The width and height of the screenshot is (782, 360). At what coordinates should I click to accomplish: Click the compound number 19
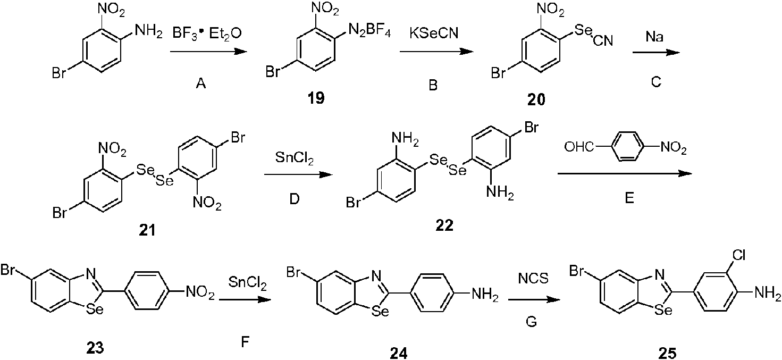pyautogui.click(x=316, y=98)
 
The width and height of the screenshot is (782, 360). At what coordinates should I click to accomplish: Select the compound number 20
pyautogui.click(x=536, y=100)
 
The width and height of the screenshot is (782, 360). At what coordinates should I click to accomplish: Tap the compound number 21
pyautogui.click(x=147, y=230)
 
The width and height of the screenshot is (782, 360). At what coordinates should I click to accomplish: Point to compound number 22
pyautogui.click(x=444, y=225)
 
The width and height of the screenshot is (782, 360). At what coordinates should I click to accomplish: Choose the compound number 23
pyautogui.click(x=95, y=348)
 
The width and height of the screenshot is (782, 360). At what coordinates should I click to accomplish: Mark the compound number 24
pyautogui.click(x=398, y=354)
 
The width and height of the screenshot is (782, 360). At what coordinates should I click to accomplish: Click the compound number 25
pyautogui.click(x=667, y=354)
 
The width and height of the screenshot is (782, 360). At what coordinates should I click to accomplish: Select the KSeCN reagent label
pyautogui.click(x=434, y=33)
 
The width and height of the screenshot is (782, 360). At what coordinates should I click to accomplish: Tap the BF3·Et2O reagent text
pyautogui.click(x=207, y=34)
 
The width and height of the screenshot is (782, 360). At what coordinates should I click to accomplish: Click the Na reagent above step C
pyautogui.click(x=654, y=37)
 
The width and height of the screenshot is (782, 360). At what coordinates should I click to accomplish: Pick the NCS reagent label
pyautogui.click(x=533, y=278)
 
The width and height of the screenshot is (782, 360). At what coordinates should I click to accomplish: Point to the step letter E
pyautogui.click(x=629, y=198)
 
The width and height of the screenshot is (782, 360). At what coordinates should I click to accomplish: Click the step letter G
pyautogui.click(x=531, y=322)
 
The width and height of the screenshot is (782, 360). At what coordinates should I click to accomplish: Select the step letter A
pyautogui.click(x=201, y=84)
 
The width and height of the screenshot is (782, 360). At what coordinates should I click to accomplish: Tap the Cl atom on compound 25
pyautogui.click(x=739, y=256)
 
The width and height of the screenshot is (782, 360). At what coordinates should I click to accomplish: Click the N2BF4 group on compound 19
pyautogui.click(x=370, y=32)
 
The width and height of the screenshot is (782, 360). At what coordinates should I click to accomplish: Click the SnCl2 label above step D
pyautogui.click(x=295, y=158)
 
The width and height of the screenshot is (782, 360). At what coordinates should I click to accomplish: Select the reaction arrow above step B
pyautogui.click(x=437, y=52)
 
